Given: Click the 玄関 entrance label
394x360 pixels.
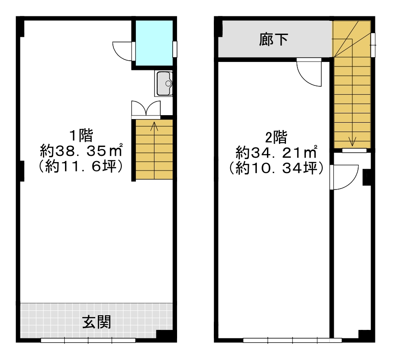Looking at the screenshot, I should point(97,322).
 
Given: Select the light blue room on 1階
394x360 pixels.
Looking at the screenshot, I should point(154,43).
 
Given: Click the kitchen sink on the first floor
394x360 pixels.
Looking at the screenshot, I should point(166,83).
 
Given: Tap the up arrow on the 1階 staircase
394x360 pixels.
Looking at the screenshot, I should point(154,127).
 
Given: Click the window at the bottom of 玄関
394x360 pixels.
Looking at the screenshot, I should point(88,341).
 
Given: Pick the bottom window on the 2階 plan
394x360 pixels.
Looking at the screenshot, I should point(292,341).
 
